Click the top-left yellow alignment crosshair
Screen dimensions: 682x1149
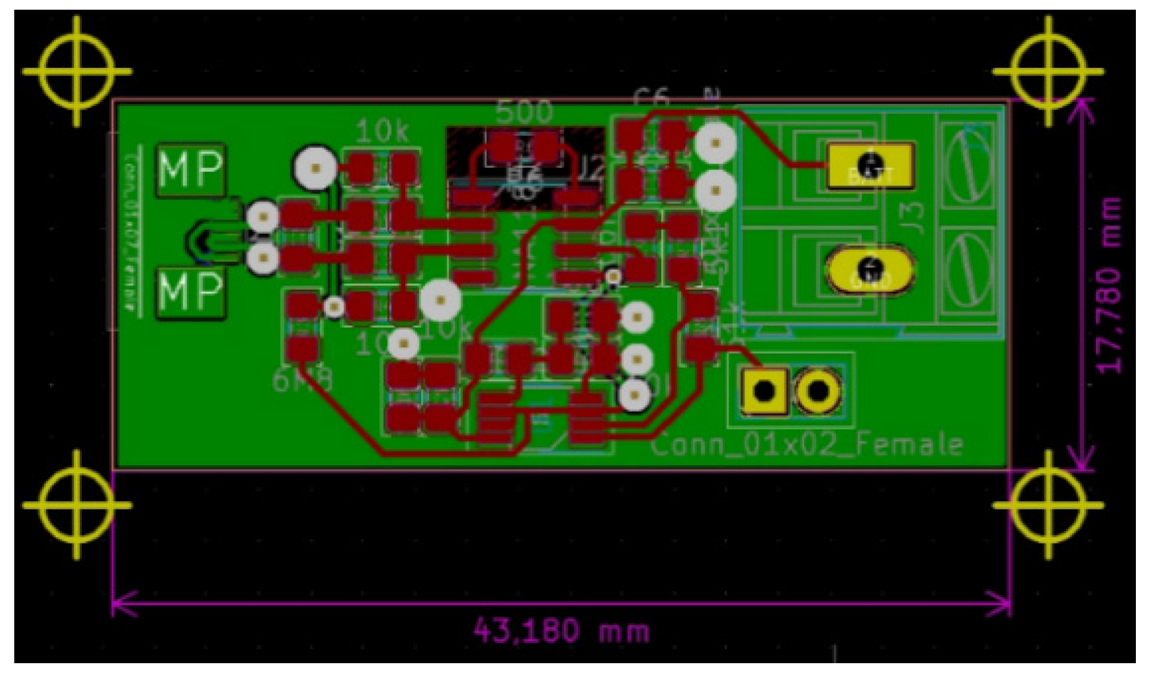(77, 72)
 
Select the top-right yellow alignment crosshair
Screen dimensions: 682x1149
(1048, 72)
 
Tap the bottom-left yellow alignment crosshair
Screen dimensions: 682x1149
(77, 505)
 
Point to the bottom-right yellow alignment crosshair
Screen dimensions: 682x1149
(1048, 505)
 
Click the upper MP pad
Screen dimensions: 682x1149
(190, 169)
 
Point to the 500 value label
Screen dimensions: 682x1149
(524, 112)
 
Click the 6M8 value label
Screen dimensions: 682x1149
(301, 379)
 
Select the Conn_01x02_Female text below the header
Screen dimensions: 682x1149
(806, 444)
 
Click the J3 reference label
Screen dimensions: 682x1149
(914, 218)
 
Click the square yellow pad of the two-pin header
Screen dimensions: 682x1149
(764, 391)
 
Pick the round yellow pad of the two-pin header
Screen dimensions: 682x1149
(818, 391)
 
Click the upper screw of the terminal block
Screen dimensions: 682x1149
(967, 165)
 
